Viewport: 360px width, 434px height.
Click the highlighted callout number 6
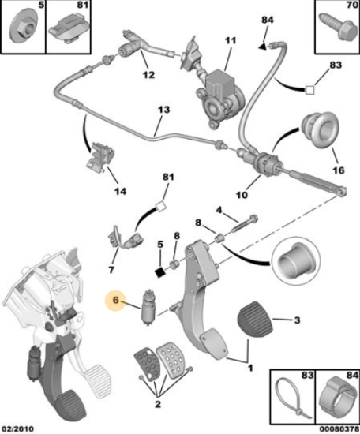[115, 300]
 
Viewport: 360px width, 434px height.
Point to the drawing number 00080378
[339, 428]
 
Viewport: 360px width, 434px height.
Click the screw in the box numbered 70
[337, 28]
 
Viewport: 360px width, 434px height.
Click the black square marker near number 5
[160, 273]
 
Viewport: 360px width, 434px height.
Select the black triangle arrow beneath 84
[264, 47]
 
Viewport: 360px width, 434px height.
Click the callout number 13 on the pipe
[163, 110]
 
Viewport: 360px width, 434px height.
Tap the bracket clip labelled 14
[100, 158]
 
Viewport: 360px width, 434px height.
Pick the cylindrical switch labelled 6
[148, 308]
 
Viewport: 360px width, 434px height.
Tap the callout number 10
[242, 195]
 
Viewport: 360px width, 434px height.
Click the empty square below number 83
[309, 90]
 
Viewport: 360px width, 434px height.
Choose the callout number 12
[149, 75]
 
